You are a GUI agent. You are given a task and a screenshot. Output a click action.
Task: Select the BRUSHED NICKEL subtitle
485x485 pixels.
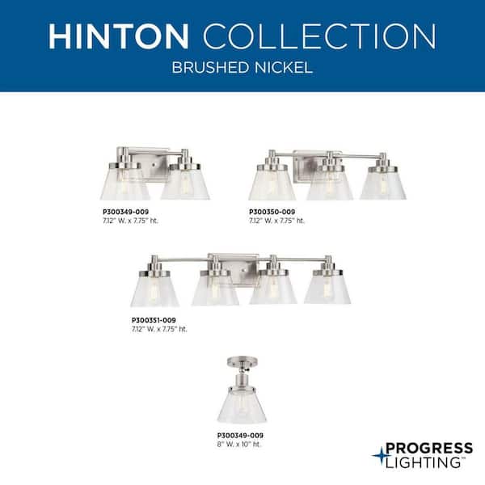242,68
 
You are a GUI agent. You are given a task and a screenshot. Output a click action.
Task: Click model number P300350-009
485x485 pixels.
272,212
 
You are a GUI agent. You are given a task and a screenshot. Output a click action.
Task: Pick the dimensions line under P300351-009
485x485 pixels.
158,329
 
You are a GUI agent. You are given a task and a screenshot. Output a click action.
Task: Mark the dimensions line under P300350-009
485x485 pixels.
277,220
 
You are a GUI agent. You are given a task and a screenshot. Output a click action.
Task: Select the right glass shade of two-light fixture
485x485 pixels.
184,183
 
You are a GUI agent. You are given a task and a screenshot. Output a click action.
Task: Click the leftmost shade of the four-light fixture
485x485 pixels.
155,288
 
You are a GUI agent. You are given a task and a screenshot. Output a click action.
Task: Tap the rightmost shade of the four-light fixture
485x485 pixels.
327,288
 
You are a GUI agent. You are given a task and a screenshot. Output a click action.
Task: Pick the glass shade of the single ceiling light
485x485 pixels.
241,406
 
